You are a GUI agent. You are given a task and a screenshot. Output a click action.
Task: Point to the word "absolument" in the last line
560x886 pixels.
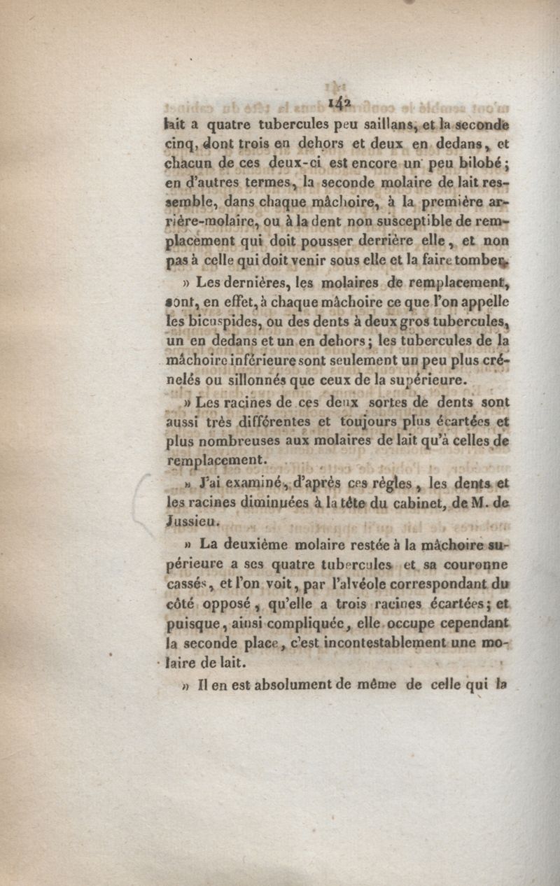281,682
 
